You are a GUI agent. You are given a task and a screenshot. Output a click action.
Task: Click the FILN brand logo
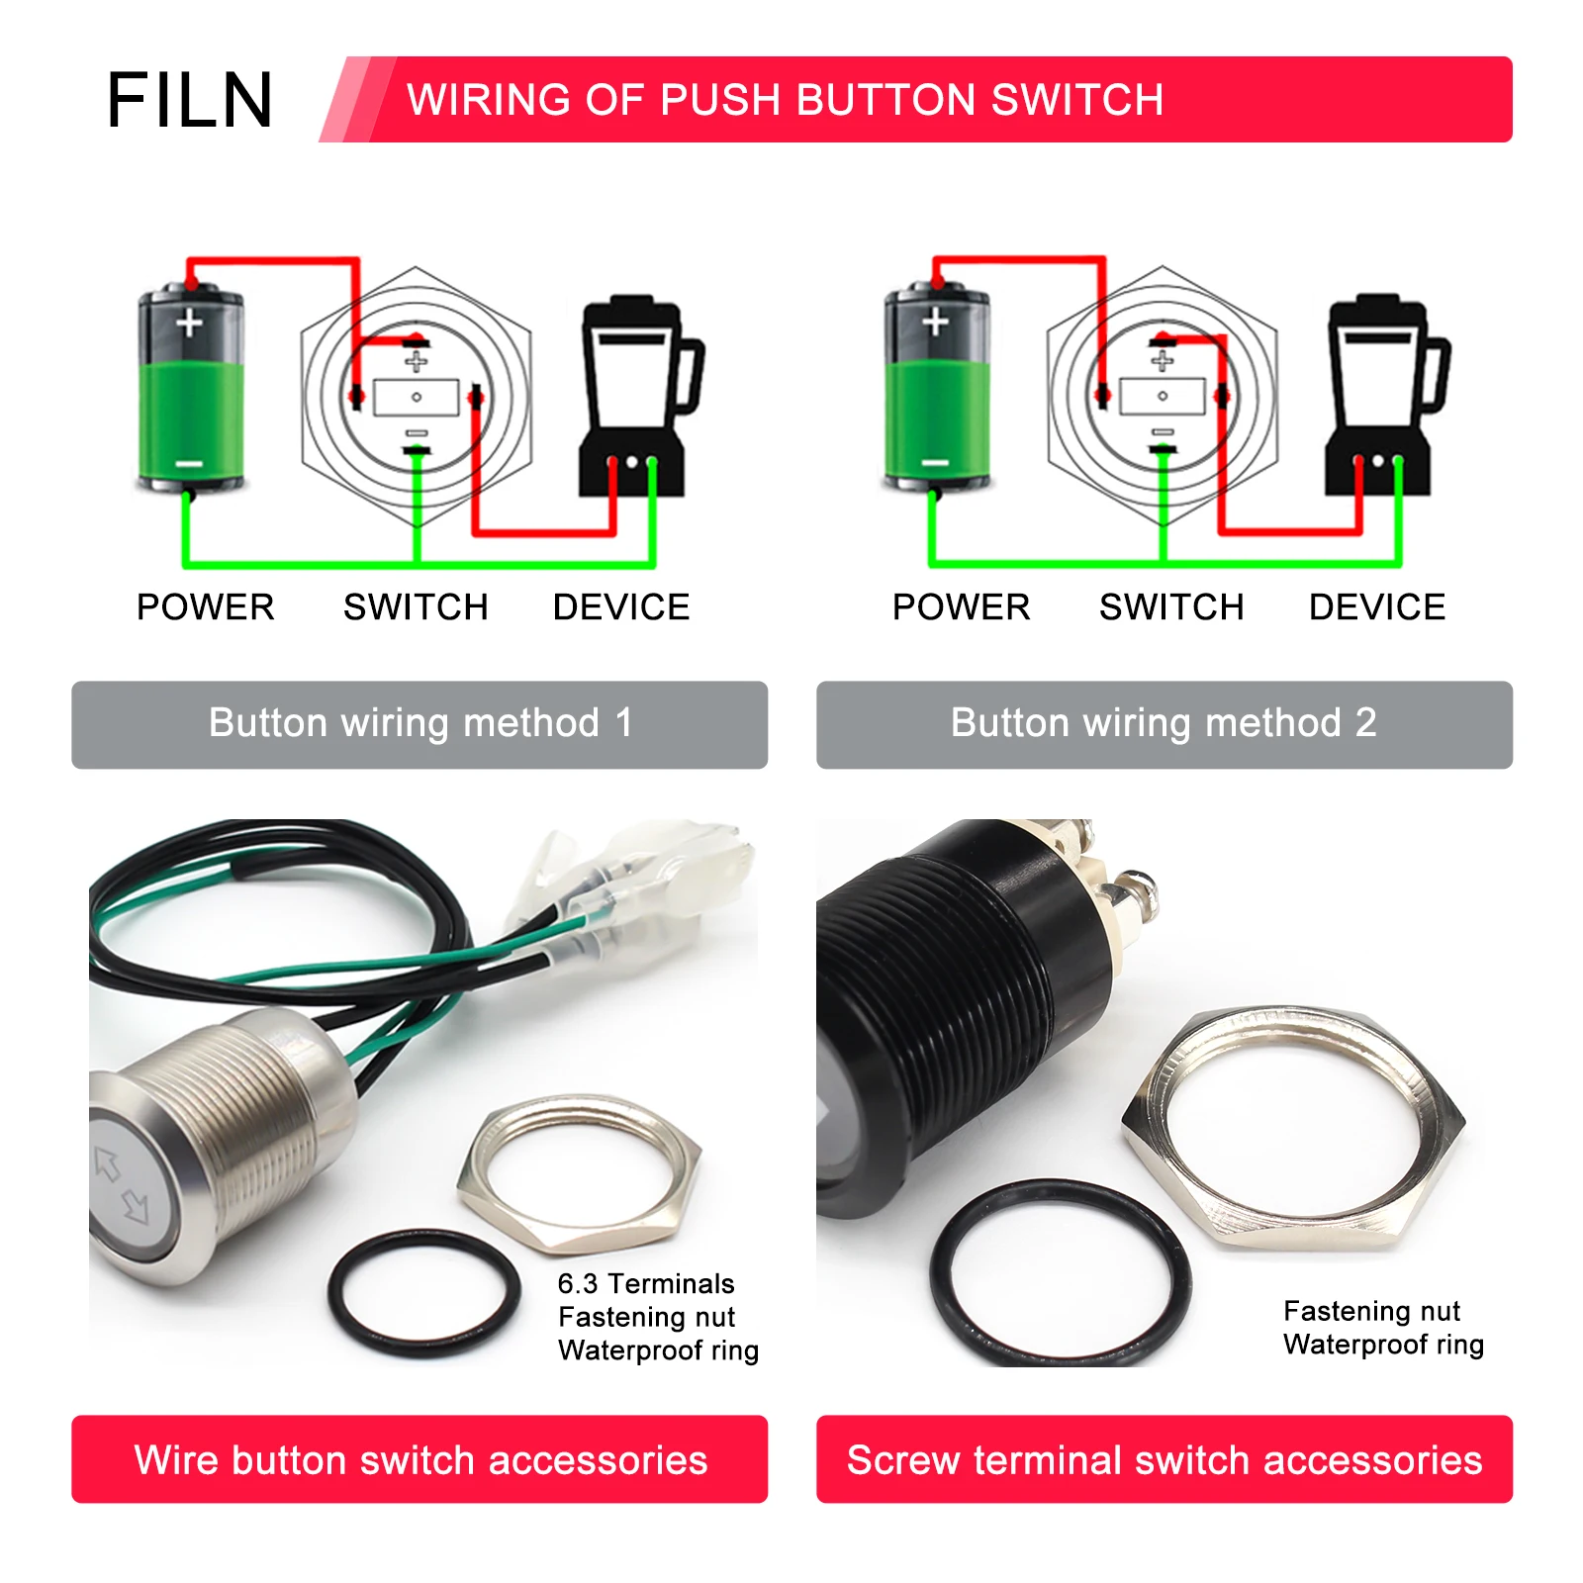(x=189, y=100)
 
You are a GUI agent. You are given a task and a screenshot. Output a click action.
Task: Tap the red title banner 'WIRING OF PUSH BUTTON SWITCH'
(x=916, y=99)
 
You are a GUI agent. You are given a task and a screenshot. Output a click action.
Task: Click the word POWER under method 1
(x=206, y=606)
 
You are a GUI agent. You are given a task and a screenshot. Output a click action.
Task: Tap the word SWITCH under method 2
(x=1171, y=606)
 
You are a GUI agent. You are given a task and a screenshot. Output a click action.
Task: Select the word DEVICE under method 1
(x=621, y=606)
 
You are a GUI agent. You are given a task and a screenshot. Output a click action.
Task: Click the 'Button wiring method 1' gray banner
(x=419, y=724)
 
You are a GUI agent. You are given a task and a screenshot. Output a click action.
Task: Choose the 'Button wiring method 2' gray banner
(x=1164, y=724)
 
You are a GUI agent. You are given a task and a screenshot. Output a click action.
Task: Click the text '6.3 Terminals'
(x=646, y=1283)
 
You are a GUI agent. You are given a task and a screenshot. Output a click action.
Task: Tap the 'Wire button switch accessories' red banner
(x=419, y=1459)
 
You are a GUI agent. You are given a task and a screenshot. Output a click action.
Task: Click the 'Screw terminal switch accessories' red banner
(x=1164, y=1459)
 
